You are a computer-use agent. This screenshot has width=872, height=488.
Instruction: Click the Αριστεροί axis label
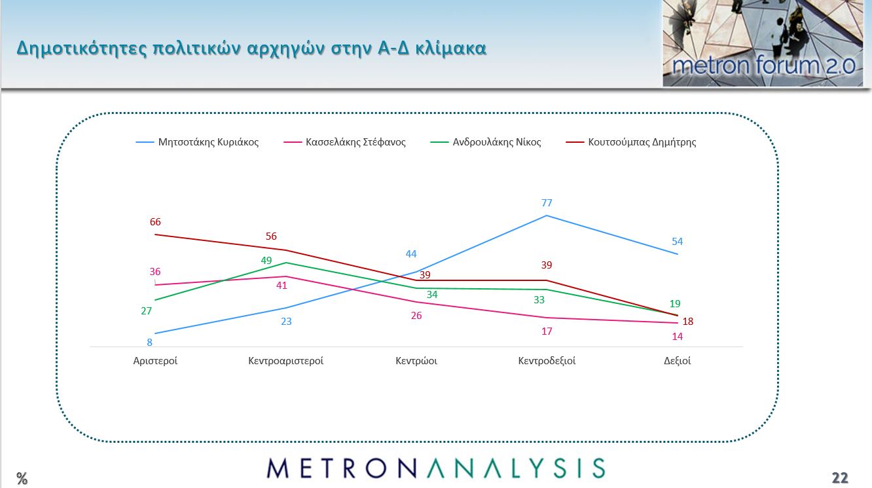pos(155,361)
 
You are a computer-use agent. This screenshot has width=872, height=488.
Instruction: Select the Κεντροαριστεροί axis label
pos(286,361)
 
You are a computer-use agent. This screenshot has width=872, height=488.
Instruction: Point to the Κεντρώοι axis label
pos(416,361)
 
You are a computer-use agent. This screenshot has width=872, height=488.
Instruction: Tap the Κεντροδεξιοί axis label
pos(547,361)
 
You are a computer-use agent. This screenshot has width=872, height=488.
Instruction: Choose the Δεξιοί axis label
pos(677,361)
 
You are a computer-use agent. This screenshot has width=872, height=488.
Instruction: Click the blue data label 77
pos(547,203)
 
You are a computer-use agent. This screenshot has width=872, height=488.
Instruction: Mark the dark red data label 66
pos(155,222)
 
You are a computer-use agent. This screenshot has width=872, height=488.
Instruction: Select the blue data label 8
pos(149,343)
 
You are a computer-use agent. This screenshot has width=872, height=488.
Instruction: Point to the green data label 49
pos(266,260)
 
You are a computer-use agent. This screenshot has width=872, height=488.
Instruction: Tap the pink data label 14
pos(677,337)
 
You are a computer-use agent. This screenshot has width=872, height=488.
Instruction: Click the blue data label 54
pos(677,242)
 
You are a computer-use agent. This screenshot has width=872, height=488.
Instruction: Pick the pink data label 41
pos(282,286)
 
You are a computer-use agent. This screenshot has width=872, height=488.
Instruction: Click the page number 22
pos(840,478)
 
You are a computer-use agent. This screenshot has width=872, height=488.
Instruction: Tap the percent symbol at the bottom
pos(22,479)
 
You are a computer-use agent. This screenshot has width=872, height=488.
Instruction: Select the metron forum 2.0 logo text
pos(763,66)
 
